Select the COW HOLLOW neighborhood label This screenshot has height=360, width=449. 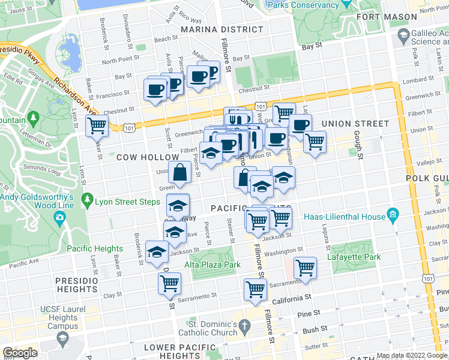coord(140,157)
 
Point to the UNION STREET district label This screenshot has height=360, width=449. coord(355,124)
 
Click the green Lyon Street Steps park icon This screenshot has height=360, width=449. coord(88,199)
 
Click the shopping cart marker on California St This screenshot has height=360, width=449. coord(256,290)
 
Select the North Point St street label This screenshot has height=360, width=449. coord(121,60)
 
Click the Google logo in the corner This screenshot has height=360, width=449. coord(20,353)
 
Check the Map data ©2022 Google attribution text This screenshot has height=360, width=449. coord(411,355)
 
